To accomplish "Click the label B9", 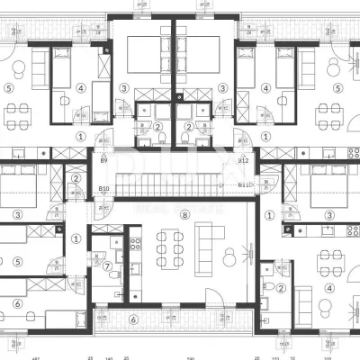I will pyautogui.click(x=103, y=160).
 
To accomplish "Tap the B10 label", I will pyautogui.click(x=103, y=188).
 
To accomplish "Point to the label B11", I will pyautogui.click(x=244, y=185).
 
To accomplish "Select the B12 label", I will pyautogui.click(x=243, y=160).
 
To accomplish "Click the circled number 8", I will pyautogui.click(x=184, y=214).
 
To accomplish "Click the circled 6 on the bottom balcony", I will pyautogui.click(x=133, y=319).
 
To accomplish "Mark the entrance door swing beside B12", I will pyautogui.click(x=244, y=144).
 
